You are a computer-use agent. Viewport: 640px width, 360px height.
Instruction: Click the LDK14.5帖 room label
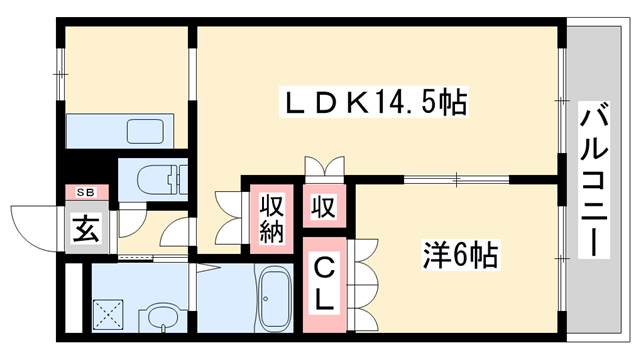(376, 102)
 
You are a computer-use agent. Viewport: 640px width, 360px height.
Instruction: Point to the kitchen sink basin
(145, 131)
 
